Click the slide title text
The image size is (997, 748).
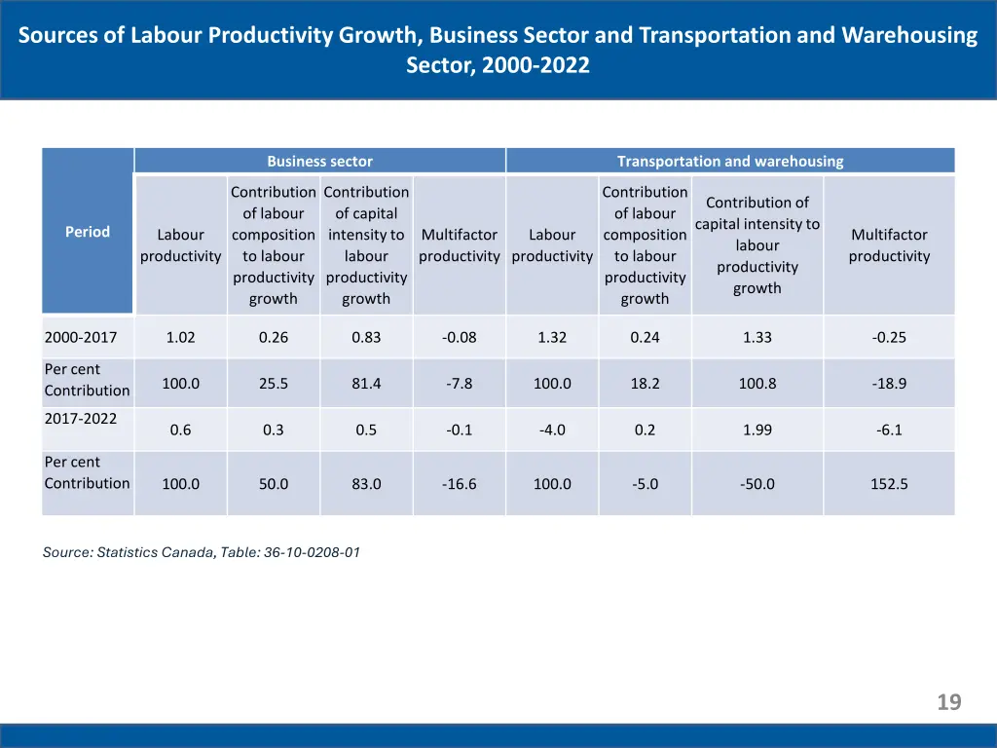point(498,51)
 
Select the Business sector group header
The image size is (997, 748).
point(319,162)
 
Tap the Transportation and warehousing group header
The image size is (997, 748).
point(730,162)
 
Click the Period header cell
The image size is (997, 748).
point(88,232)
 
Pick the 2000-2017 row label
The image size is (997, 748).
point(81,338)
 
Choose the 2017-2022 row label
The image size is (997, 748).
point(81,419)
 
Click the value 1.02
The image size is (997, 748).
point(180,338)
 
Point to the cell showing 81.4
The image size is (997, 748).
point(366,384)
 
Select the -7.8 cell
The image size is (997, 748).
point(459,384)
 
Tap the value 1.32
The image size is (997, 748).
point(552,338)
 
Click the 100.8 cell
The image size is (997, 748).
point(757,384)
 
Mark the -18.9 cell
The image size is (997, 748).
point(889,384)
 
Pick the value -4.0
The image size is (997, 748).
point(552,430)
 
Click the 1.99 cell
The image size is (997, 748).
point(757,430)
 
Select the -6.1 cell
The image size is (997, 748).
point(889,430)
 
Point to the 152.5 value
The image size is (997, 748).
point(889,484)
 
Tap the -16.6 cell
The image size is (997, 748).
point(459,484)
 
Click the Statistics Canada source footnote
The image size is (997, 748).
point(202,552)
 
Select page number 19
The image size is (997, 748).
point(949,702)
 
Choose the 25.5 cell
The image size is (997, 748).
point(274,384)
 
